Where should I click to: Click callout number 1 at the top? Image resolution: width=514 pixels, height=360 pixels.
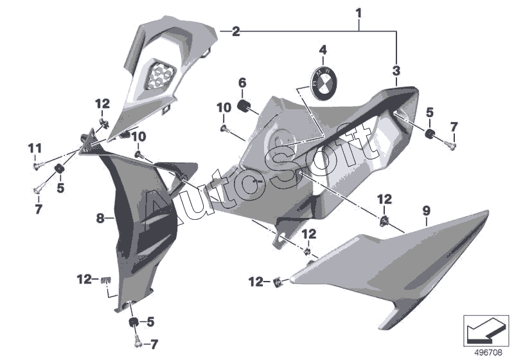click(x=359, y=12)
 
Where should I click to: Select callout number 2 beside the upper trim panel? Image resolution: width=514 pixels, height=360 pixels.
click(x=236, y=31)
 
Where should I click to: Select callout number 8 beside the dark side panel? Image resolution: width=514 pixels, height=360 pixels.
click(x=100, y=219)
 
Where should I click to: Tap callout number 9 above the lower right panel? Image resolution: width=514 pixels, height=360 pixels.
click(x=425, y=210)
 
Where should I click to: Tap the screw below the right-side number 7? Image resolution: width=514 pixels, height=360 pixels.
click(x=451, y=146)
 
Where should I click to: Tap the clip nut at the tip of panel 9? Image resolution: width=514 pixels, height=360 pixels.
click(x=279, y=281)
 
